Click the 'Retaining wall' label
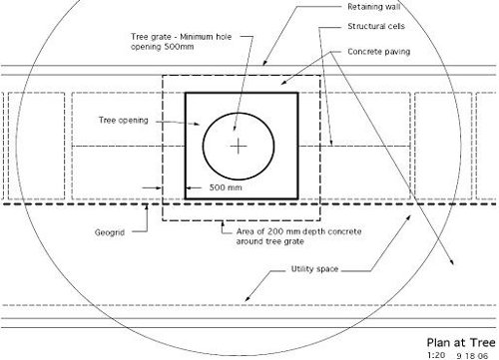coord(374,7)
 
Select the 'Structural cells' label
coord(376,26)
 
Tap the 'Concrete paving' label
coord(379,52)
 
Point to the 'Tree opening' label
coord(124,121)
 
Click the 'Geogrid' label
coord(110,232)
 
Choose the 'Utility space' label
coord(314,269)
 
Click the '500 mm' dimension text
coord(226,187)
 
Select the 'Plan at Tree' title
coord(461,343)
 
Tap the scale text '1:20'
coord(436,355)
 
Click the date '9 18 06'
coord(472,356)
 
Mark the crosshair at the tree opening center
coord(239,147)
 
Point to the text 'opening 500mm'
coord(162,47)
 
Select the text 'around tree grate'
coord(270,241)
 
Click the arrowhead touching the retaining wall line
coord(264,63)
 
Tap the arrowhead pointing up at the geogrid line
coord(147,207)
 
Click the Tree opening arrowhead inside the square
coord(197,125)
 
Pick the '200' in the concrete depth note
coord(275,231)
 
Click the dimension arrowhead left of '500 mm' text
coord(189,187)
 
